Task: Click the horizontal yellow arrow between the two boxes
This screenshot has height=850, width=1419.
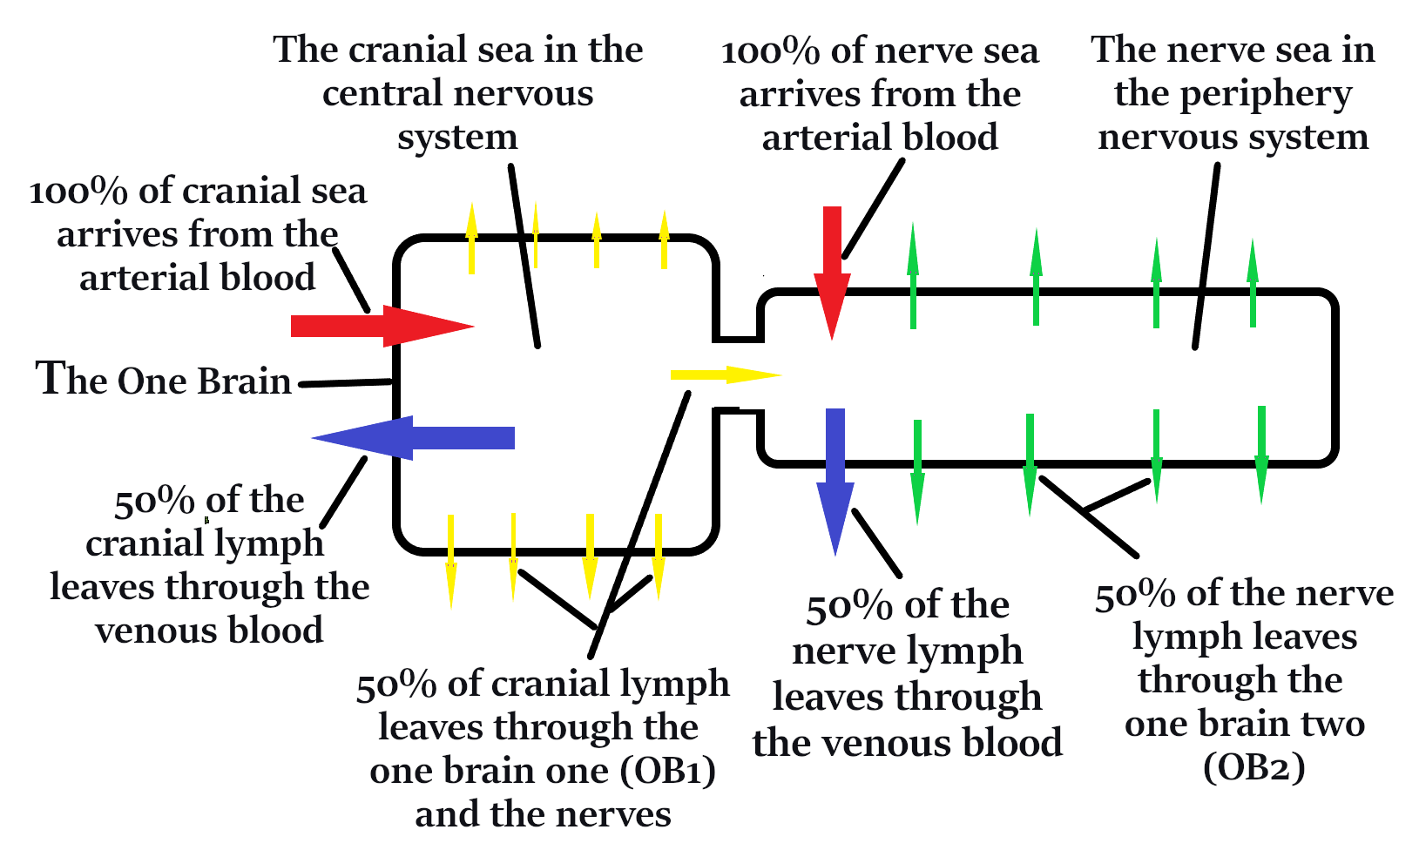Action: pyautogui.click(x=723, y=375)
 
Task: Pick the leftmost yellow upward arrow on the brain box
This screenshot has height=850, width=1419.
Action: pyautogui.click(x=471, y=239)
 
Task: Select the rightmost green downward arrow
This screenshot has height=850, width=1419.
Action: pyautogui.click(x=1261, y=454)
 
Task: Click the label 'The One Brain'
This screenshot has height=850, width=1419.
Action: pyautogui.click(x=164, y=381)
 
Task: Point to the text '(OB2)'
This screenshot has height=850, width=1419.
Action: pyautogui.click(x=1253, y=767)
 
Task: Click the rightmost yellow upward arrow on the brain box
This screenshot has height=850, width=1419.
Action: pyautogui.click(x=664, y=239)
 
